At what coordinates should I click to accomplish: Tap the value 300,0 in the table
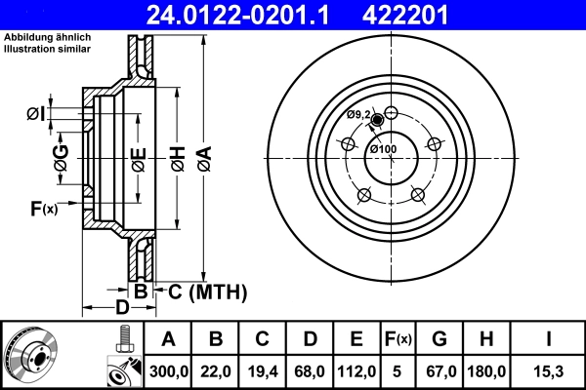(x=167, y=370)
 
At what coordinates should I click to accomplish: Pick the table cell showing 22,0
(x=216, y=370)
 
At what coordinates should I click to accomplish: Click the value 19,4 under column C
(x=262, y=370)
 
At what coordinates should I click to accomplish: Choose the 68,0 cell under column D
(x=309, y=370)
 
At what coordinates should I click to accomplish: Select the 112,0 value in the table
(x=356, y=370)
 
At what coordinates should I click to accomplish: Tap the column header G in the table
(x=440, y=339)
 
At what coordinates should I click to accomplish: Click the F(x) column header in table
(x=398, y=339)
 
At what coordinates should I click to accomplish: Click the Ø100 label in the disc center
(x=382, y=149)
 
